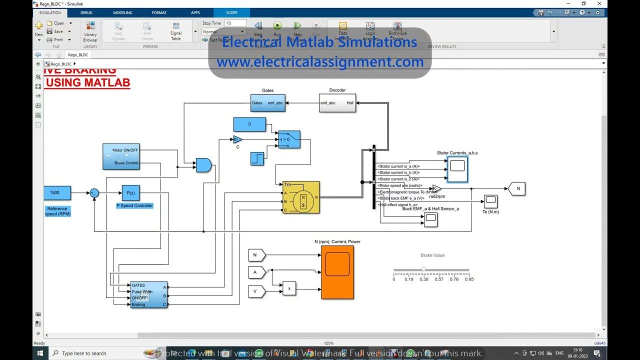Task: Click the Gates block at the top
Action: (x=267, y=103)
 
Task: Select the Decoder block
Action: (x=337, y=103)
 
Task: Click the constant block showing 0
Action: (x=249, y=124)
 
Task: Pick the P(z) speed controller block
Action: (x=131, y=192)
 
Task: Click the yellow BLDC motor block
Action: (x=301, y=197)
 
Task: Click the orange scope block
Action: (x=337, y=272)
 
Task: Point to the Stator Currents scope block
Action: (x=457, y=169)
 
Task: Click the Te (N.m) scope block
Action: (x=490, y=201)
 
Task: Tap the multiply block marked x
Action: (x=289, y=288)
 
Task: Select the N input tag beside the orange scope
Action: (x=256, y=255)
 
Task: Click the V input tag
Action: (x=256, y=291)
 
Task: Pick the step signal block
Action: (x=256, y=159)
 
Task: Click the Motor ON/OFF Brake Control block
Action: (x=121, y=156)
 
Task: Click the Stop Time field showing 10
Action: (x=235, y=23)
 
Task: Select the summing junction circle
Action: (x=94, y=193)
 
